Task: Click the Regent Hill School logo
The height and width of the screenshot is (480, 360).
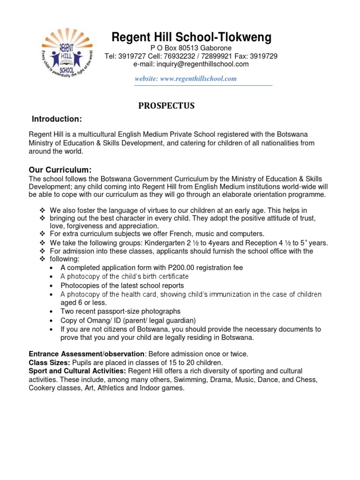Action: [x=67, y=53]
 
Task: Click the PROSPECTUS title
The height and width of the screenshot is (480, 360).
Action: [x=166, y=106]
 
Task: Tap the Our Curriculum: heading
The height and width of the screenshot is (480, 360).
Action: [x=60, y=169]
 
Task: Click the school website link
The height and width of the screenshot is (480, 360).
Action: [x=186, y=79]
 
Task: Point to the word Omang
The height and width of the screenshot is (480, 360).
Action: [x=94, y=320]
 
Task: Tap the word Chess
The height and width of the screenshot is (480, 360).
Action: [x=307, y=380]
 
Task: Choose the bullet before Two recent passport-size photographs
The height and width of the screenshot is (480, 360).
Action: [x=51, y=312]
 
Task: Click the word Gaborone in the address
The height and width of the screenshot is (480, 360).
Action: [x=214, y=48]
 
